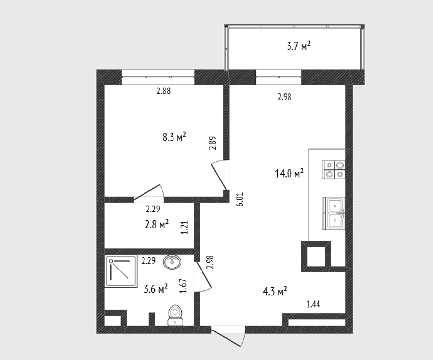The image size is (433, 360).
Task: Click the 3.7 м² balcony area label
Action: [298, 46]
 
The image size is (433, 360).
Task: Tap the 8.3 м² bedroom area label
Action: [174, 137]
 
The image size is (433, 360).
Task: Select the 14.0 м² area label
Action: [289, 174]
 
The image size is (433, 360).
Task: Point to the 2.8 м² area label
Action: [157, 224]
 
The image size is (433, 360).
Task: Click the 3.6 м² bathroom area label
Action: [156, 289]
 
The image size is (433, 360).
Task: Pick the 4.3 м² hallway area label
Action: [275, 292]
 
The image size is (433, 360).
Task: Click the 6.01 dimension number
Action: [240, 199]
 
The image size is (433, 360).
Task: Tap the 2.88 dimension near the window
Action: [164, 91]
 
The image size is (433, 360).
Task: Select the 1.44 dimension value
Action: [314, 304]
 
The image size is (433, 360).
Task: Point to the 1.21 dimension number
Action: [184, 227]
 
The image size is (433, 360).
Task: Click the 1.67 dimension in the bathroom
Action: [183, 286]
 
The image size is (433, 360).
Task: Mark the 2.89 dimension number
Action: [212, 143]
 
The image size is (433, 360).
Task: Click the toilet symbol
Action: [175, 315]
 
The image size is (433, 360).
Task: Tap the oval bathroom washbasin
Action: [173, 261]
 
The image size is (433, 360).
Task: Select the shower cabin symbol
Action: [121, 271]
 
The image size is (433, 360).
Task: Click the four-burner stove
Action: [334, 169]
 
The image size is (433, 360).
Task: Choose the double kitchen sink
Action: [334, 213]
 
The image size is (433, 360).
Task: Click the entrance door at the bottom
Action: [228, 336]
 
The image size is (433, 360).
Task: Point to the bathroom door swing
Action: [202, 276]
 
